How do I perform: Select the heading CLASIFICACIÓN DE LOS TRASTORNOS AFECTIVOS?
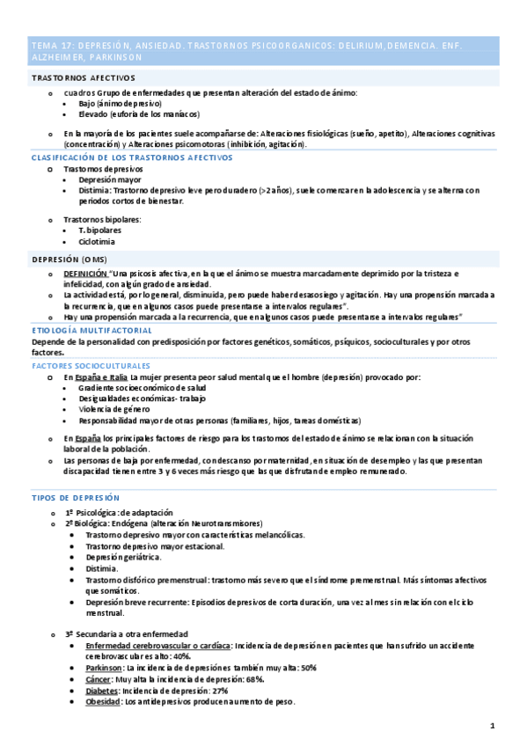pos(132,157)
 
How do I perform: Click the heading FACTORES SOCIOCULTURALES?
pos(91,365)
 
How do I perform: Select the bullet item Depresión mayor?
pos(109,179)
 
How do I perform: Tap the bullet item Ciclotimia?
pos(96,241)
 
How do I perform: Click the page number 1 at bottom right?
pos(494,726)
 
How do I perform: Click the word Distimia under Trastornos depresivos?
pos(93,190)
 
